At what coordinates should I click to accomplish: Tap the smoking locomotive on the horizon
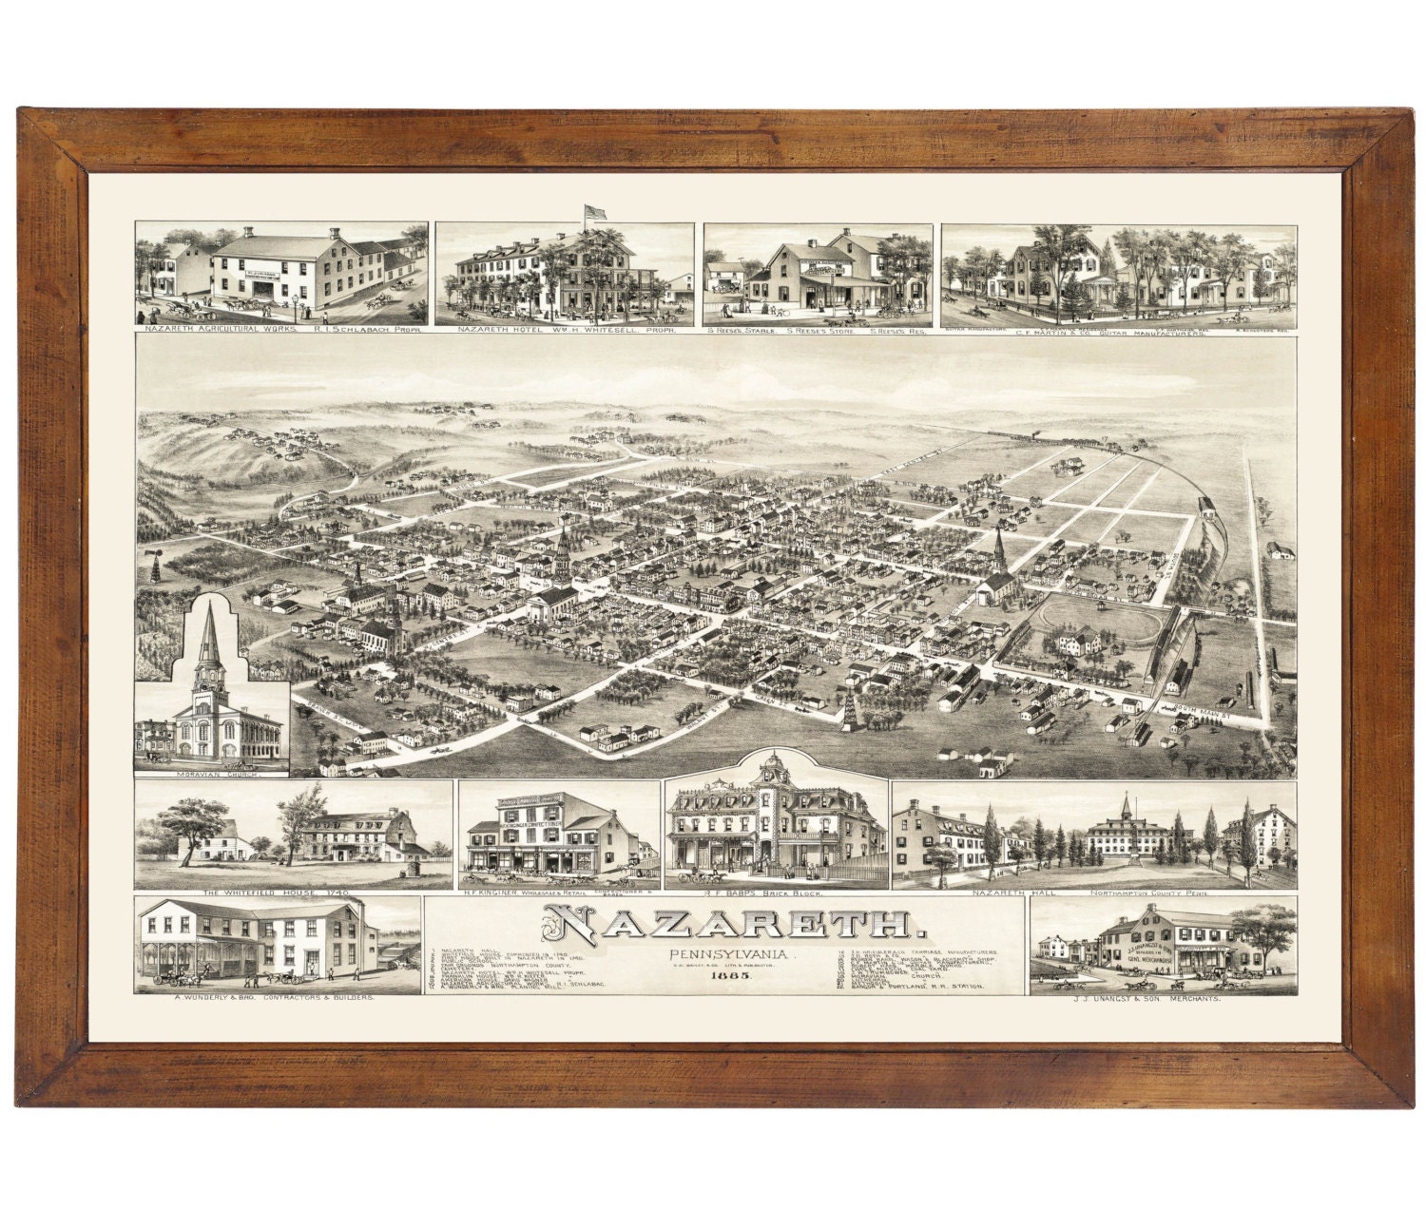[x=1031, y=436]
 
